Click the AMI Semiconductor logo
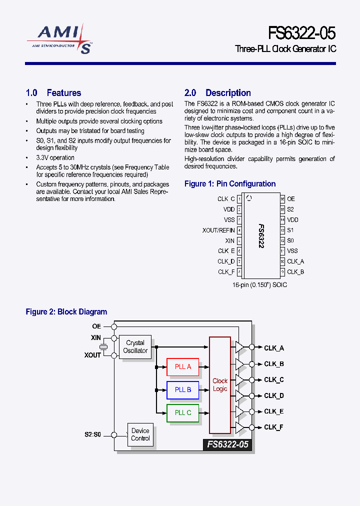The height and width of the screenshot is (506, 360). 59,39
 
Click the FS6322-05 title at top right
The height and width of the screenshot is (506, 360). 301,33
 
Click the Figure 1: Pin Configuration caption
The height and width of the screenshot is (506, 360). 230,184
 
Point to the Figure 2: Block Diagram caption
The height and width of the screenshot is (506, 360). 66,312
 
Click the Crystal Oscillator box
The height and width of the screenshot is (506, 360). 135,346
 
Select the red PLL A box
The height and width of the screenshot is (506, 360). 182,366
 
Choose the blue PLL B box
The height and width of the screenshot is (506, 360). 182,389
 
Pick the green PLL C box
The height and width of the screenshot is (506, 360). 182,412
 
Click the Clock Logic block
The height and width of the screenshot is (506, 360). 220,385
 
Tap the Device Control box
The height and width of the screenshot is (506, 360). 140,434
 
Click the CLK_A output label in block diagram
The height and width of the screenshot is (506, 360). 273,348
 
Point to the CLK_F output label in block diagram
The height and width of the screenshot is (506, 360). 273,427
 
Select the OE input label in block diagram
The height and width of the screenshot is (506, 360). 96,326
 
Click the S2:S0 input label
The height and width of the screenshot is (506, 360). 92,434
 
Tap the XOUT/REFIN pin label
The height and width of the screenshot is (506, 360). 218,230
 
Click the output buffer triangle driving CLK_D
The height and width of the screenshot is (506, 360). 240,395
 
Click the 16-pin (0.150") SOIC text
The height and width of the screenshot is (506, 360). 259,284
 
